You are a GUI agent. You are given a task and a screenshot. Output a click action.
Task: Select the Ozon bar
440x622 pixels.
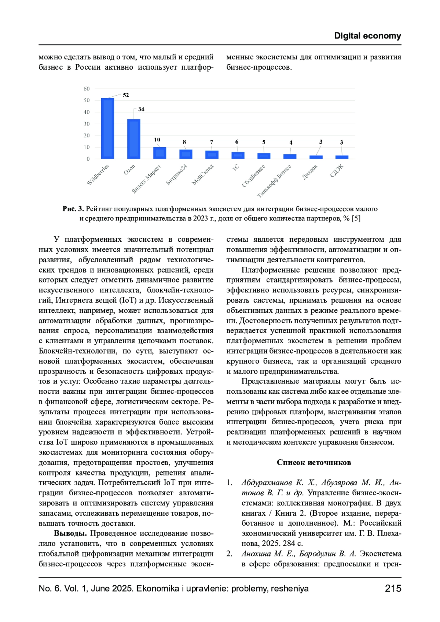[x=133, y=139]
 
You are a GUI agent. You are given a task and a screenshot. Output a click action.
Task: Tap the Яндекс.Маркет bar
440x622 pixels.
[x=159, y=153]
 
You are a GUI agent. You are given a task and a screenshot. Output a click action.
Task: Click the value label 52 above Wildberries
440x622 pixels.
[x=126, y=95]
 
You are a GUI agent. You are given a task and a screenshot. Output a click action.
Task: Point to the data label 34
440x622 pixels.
[x=141, y=109]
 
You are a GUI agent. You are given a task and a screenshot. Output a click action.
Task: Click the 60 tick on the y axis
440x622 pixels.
[x=87, y=89]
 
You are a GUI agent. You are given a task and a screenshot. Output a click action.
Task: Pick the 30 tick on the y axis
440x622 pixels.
[x=87, y=124]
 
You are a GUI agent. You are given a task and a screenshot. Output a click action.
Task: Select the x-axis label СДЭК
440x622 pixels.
[x=337, y=171]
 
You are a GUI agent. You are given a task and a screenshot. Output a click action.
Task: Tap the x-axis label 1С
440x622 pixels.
[x=235, y=167]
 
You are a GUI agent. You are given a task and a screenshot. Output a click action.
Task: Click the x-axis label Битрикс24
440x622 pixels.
[x=177, y=174]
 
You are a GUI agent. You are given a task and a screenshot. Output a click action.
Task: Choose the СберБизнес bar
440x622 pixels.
[x=264, y=156]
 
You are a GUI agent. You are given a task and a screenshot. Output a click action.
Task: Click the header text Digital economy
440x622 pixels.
[x=367, y=36]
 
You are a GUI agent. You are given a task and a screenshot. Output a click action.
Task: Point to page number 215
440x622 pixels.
[x=393, y=588]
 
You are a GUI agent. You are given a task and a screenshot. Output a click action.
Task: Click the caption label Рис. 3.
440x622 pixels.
[x=73, y=209]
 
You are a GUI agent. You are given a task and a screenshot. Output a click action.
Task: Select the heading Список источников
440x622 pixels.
[x=314, y=462]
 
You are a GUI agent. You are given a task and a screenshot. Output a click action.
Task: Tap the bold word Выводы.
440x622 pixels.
[x=70, y=533]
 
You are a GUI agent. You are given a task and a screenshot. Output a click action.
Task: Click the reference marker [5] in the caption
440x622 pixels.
[x=356, y=218]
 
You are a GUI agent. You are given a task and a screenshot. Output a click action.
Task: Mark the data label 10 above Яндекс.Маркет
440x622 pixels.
[x=157, y=140]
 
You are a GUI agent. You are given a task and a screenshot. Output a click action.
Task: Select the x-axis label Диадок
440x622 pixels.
[x=310, y=172]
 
